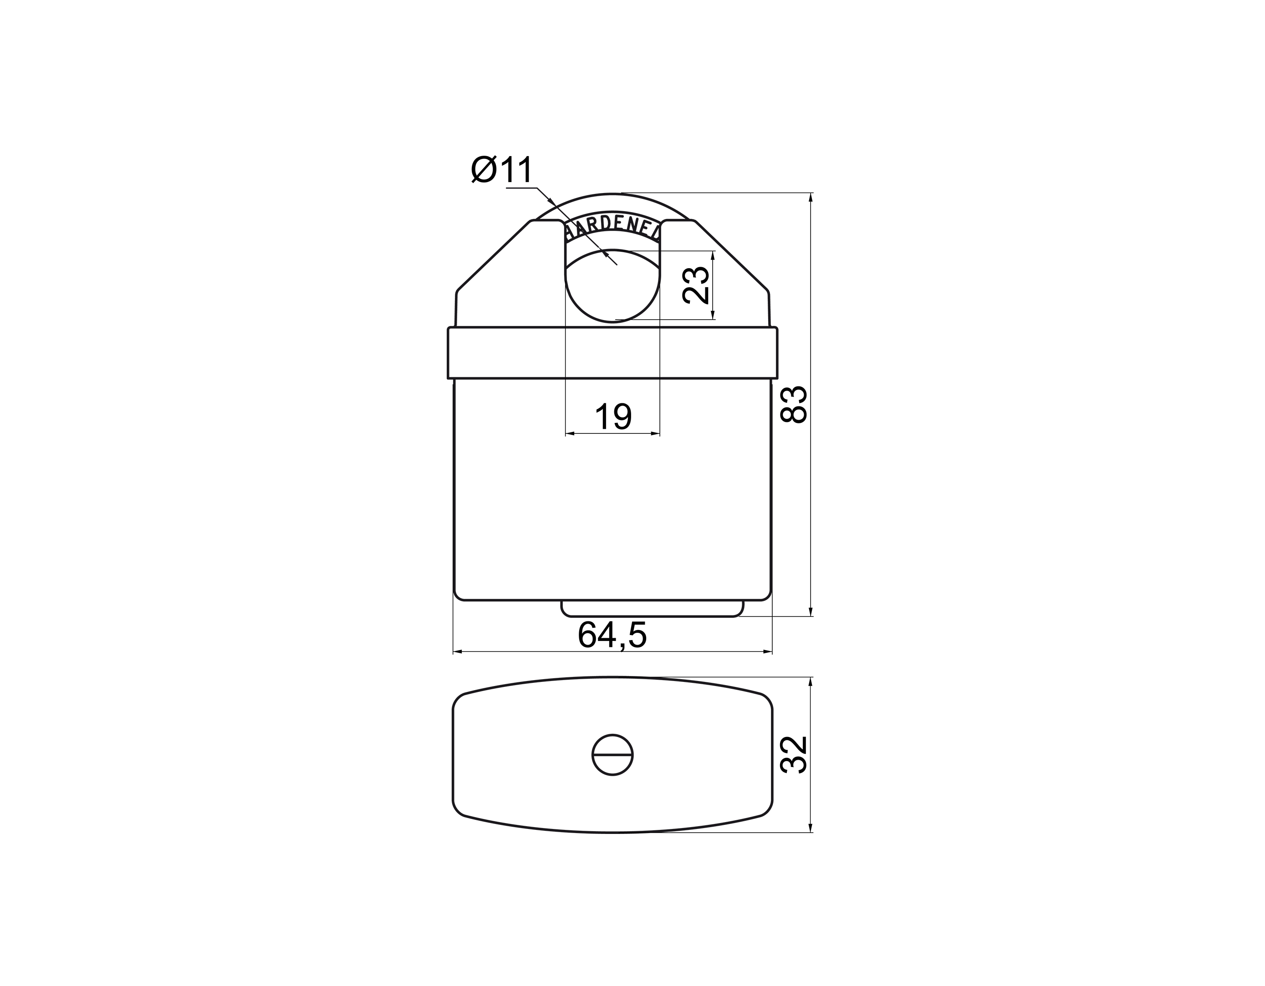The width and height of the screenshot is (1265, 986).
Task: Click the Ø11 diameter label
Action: (502, 170)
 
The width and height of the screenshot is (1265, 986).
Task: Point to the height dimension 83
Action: (794, 404)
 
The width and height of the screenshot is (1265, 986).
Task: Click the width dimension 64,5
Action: (612, 635)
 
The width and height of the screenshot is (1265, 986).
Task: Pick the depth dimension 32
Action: (794, 754)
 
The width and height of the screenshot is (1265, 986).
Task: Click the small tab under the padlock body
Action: (652, 609)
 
